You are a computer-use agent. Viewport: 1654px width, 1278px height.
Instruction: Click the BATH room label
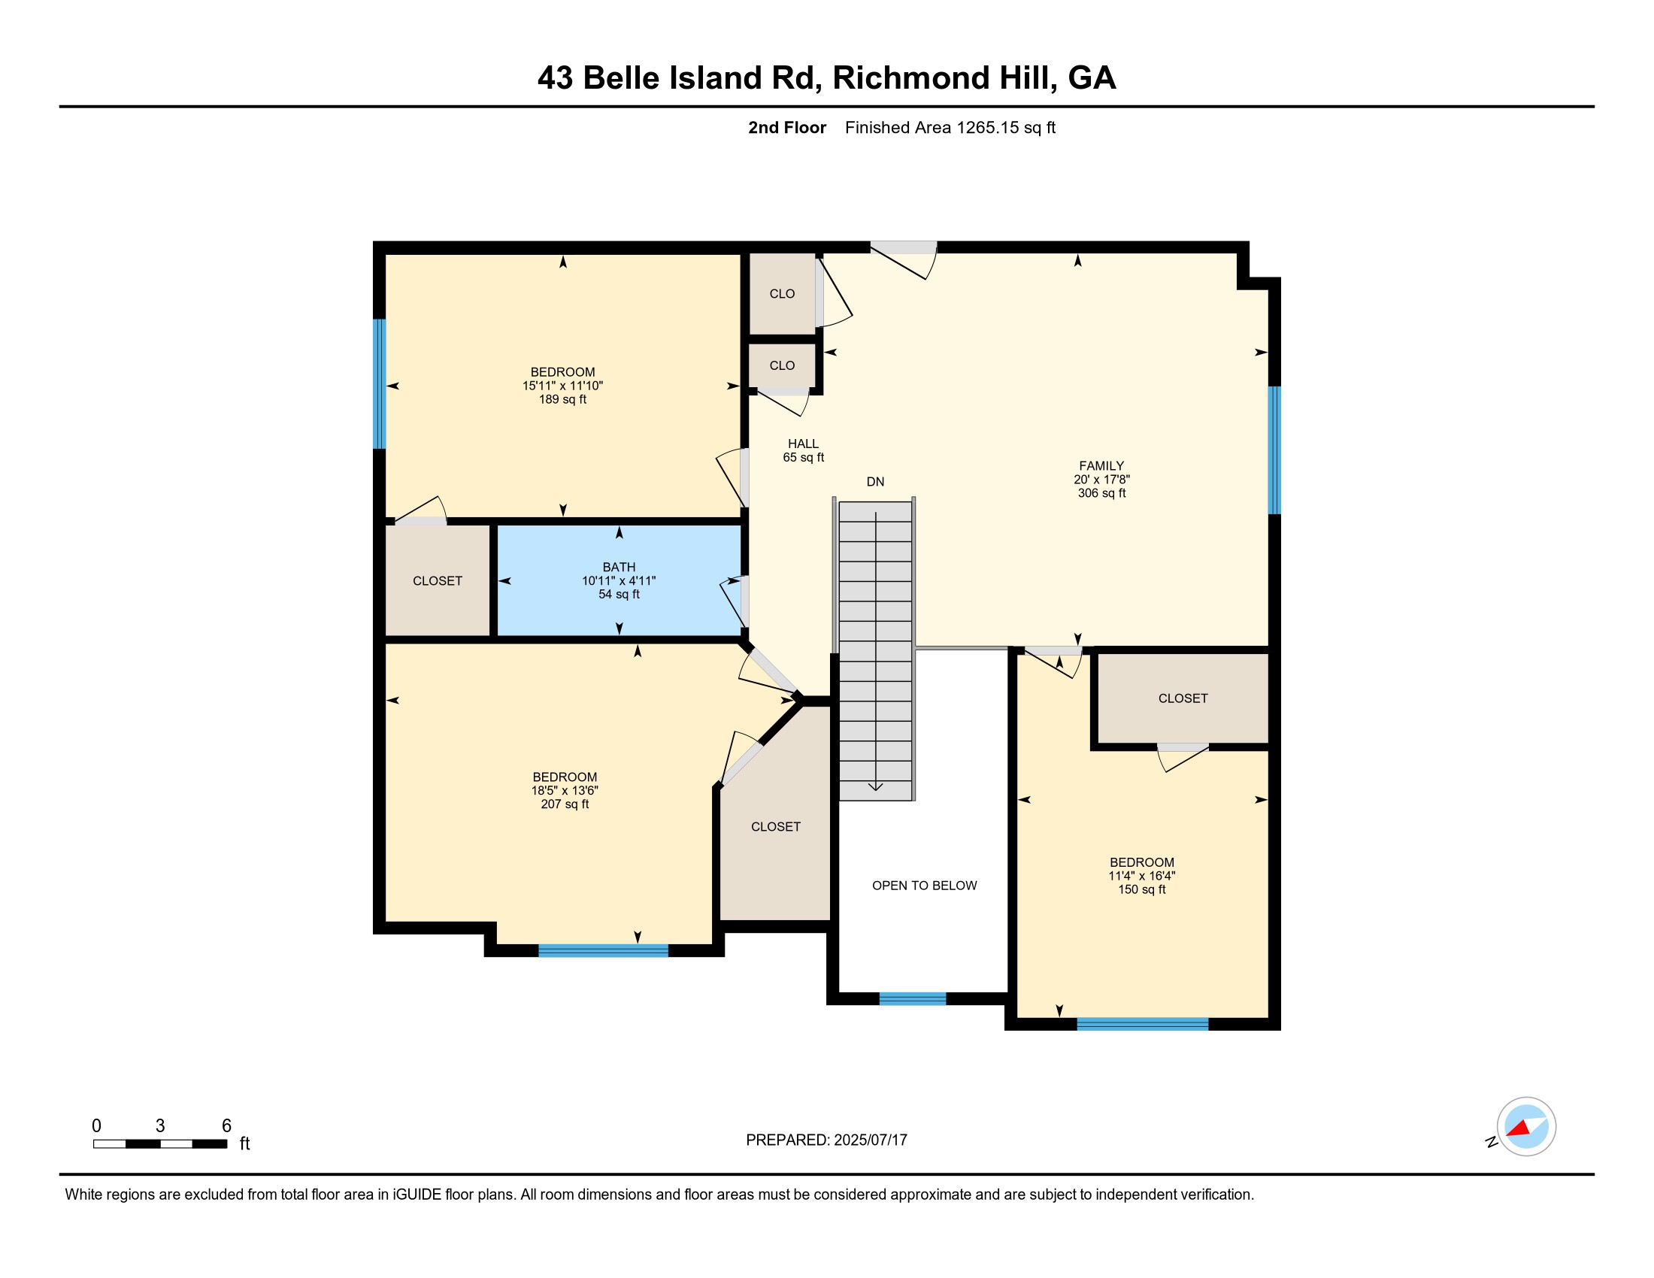click(x=619, y=567)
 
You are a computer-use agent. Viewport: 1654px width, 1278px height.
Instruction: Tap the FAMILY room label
click(x=1101, y=465)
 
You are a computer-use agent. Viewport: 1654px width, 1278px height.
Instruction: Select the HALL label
click(x=803, y=444)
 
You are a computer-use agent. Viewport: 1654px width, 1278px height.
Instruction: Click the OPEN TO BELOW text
click(x=924, y=885)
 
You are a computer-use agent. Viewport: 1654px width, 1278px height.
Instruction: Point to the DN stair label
click(x=875, y=482)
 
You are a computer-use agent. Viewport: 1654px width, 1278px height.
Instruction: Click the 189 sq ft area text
click(x=562, y=399)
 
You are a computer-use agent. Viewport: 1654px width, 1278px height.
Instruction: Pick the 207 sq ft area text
click(x=564, y=804)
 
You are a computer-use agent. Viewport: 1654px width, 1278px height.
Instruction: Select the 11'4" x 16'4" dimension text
click(x=1141, y=876)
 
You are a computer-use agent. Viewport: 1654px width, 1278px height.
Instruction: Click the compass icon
click(x=1526, y=1127)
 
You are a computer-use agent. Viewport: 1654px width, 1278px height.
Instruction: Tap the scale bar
click(x=160, y=1144)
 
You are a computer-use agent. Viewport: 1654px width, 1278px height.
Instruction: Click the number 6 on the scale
click(x=226, y=1126)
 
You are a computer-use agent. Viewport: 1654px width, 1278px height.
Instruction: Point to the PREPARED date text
click(x=826, y=1140)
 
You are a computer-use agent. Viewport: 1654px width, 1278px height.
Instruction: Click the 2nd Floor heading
click(x=787, y=128)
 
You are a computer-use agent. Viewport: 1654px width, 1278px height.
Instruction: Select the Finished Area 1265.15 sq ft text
click(x=950, y=128)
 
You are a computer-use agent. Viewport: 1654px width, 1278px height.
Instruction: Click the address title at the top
click(x=827, y=78)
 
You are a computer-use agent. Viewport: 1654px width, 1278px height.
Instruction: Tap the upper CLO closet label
click(x=782, y=294)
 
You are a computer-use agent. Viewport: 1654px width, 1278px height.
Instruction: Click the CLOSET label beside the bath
click(x=437, y=580)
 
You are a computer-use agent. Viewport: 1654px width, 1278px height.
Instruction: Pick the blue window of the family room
click(x=1274, y=450)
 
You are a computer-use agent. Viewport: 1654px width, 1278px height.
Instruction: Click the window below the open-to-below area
click(x=913, y=998)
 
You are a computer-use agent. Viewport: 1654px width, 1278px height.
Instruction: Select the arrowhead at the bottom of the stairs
click(x=875, y=786)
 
